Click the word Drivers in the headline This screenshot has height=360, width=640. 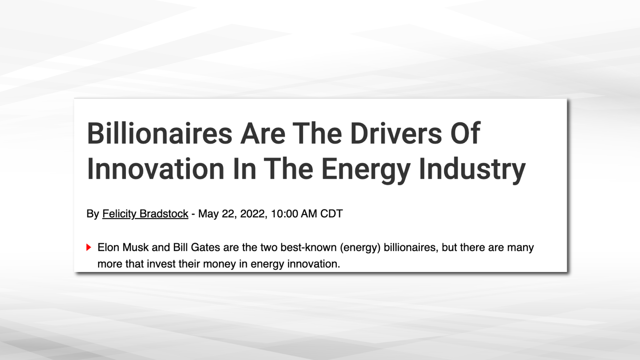pyautogui.click(x=396, y=133)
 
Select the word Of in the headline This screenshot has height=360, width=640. pyautogui.click(x=465, y=133)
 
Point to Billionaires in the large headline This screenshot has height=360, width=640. pyautogui.click(x=159, y=133)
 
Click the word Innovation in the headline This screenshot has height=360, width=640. pyautogui.click(x=155, y=169)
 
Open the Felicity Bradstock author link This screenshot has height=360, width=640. pyautogui.click(x=145, y=214)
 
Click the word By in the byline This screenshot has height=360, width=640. pyautogui.click(x=93, y=214)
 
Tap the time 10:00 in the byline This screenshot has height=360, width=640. pyautogui.click(x=284, y=214)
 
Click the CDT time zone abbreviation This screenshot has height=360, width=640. pyautogui.click(x=331, y=214)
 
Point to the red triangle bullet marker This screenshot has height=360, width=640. pyautogui.click(x=89, y=247)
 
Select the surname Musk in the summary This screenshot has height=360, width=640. pyautogui.click(x=136, y=247)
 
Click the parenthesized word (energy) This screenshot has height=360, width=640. pyautogui.click(x=360, y=248)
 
